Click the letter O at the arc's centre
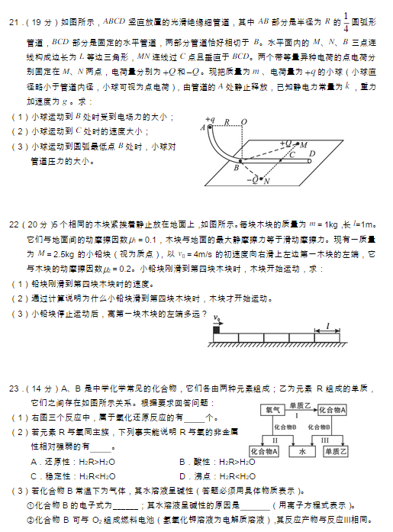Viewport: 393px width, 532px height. tap(243, 121)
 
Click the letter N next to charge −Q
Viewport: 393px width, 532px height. tap(266, 182)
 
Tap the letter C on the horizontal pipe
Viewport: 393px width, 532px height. tap(291, 153)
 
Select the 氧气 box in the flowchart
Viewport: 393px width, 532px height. tap(272, 410)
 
